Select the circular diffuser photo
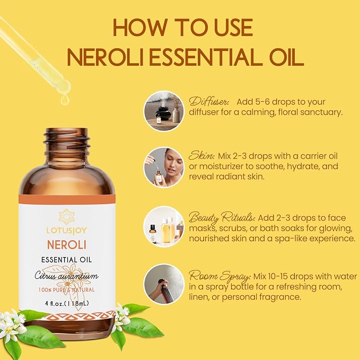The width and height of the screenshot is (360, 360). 164,111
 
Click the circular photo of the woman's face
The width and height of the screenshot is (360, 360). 164,168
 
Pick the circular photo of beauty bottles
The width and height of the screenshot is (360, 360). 164,226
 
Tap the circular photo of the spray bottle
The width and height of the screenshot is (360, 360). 164,284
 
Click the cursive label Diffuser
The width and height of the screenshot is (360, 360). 209,101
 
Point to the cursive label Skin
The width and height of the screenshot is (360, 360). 201,155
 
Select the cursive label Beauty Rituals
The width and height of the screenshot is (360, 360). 222,218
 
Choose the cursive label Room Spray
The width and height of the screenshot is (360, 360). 219,276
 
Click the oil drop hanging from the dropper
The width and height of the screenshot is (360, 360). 65,100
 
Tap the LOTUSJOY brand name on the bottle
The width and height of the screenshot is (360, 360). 67,230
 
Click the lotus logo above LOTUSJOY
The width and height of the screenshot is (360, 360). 67,216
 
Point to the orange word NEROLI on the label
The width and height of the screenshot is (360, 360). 67,245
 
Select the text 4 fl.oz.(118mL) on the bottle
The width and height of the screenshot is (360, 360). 67,303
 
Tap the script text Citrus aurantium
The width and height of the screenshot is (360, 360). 67,275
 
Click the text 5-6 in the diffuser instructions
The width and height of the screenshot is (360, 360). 258,102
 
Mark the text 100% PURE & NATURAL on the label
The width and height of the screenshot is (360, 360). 67,290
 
